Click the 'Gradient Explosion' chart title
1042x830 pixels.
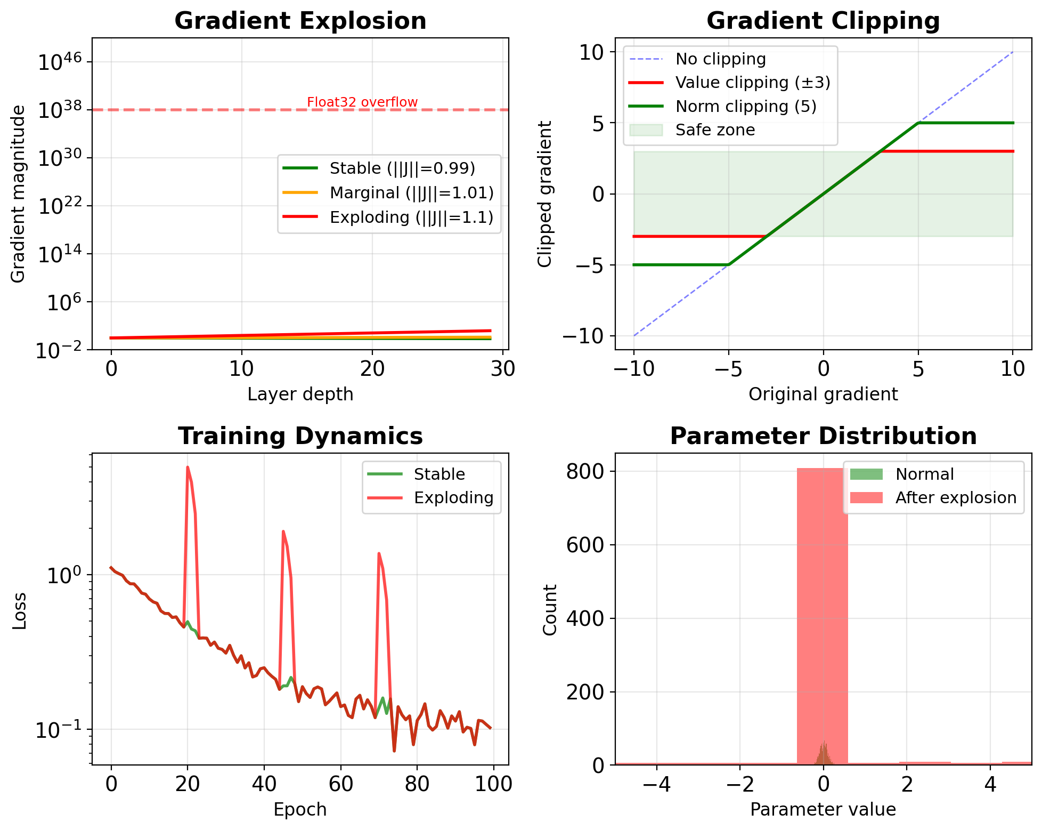coord(300,21)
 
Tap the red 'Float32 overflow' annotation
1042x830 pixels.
coord(362,102)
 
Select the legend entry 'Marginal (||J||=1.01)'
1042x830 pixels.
coord(411,193)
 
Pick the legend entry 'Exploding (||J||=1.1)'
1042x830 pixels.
coord(411,217)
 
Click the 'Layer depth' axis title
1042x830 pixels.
coord(300,394)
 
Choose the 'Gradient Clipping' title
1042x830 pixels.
coord(823,21)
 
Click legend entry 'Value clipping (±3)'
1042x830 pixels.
coord(753,83)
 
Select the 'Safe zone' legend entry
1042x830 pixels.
coord(715,130)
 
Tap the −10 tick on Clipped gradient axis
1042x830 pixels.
coord(584,336)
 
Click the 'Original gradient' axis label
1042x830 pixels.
coord(823,394)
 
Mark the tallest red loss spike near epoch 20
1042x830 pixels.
coord(188,468)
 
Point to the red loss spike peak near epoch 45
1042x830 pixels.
coord(283,531)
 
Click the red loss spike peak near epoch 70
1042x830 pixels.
coord(379,553)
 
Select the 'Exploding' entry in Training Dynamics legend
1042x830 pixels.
coord(453,498)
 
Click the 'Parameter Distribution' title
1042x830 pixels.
coord(823,436)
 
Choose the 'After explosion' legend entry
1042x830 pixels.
coord(956,498)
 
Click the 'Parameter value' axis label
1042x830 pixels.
coord(823,810)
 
